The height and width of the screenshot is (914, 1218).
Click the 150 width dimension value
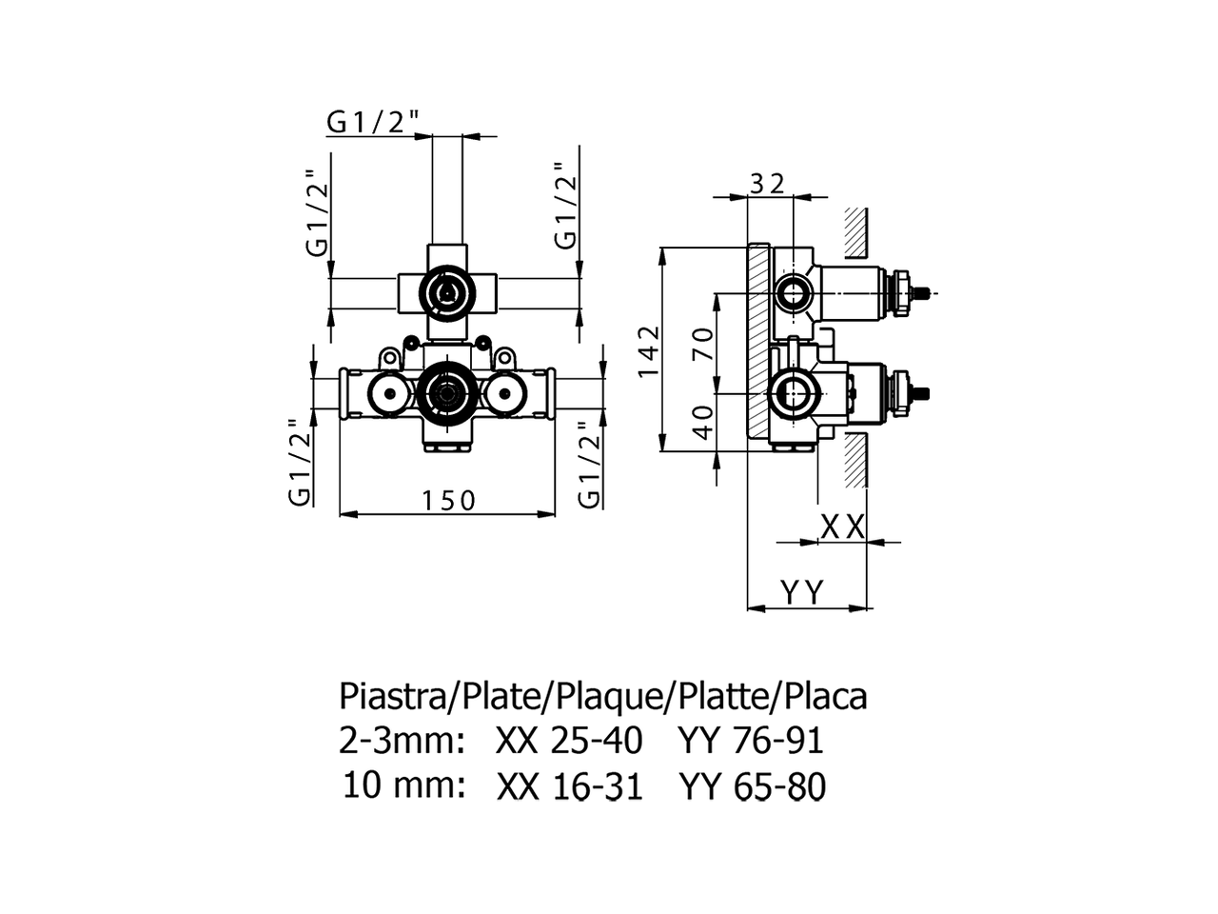[448, 499]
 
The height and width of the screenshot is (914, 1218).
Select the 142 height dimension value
[649, 351]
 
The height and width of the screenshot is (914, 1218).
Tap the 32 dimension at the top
[768, 183]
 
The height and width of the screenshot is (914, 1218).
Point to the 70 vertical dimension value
[703, 343]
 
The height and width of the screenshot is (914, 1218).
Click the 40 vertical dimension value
[703, 421]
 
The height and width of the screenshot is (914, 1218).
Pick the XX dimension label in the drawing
[842, 527]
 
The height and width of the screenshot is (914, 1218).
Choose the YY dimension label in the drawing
[802, 592]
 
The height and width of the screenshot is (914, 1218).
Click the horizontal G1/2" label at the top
[373, 122]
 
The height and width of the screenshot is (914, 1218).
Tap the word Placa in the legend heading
[825, 697]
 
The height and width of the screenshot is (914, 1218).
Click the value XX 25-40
[569, 741]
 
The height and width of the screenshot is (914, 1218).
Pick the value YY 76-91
[750, 741]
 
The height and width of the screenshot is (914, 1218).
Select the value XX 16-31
[570, 786]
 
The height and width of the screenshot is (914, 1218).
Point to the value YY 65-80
[752, 786]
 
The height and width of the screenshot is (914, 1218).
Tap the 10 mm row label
[403, 786]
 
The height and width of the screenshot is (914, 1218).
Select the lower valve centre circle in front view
[445, 391]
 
